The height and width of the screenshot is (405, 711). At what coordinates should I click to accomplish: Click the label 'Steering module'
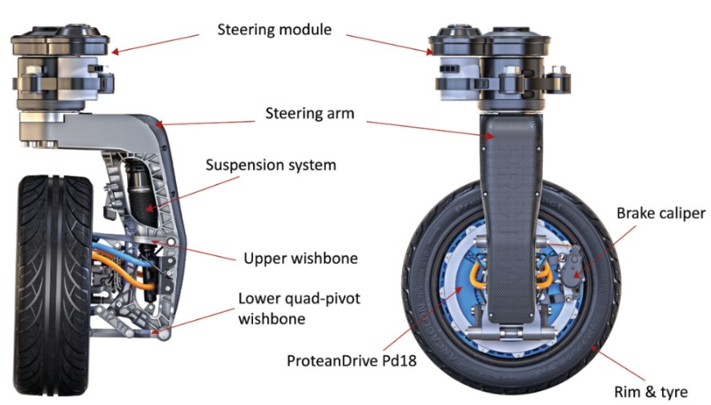[x=274, y=30]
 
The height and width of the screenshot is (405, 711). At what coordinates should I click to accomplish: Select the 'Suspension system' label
[x=271, y=166]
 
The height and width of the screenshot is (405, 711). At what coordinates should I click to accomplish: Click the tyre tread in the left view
[x=48, y=264]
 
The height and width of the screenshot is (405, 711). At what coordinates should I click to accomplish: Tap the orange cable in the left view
[x=112, y=265]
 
